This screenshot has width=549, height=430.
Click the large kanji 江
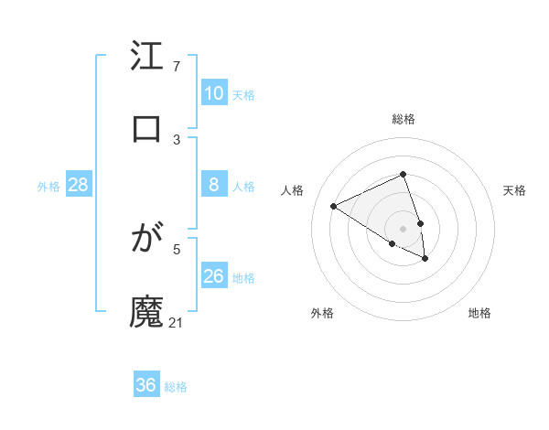(146, 58)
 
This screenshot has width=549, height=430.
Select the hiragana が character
(146, 241)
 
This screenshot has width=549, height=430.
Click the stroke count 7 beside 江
(177, 67)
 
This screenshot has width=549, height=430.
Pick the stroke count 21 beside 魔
(177, 322)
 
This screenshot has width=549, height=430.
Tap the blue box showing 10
(213, 93)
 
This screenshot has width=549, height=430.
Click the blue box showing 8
(213, 186)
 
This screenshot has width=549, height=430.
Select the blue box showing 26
(213, 276)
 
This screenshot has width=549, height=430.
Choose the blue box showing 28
(78, 186)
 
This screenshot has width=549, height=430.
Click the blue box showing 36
(145, 385)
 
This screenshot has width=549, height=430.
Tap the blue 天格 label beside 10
(243, 94)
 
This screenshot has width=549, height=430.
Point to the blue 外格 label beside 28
(48, 187)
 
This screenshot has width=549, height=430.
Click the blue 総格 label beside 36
(176, 387)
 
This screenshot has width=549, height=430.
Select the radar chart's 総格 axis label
(403, 119)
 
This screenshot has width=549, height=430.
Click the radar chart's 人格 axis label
(292, 190)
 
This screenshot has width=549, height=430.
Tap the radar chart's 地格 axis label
(479, 313)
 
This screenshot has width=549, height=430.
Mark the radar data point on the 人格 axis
(334, 207)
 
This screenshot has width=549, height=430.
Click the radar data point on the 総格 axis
(403, 174)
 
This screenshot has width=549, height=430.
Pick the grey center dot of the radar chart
(403, 229)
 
